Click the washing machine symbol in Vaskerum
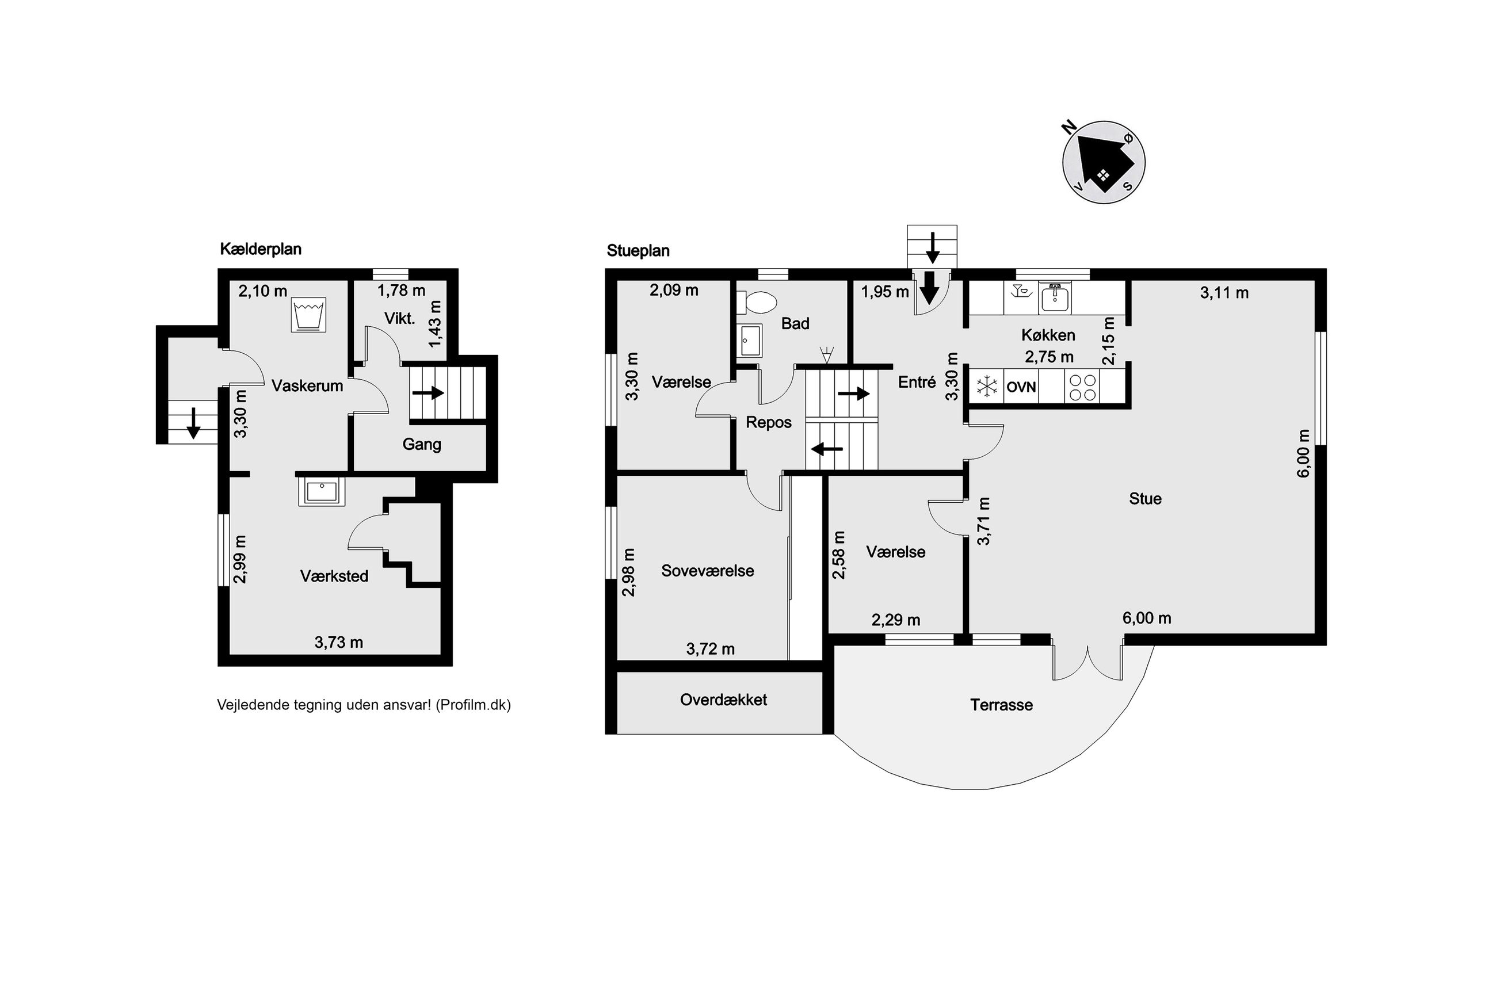[x=308, y=315]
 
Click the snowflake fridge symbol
[x=987, y=387]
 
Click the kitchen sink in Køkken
[x=1055, y=298]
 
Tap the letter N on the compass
[x=1070, y=128]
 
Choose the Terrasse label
[x=1001, y=705]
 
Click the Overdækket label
[x=723, y=700]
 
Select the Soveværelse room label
[x=708, y=570]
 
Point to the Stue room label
[x=1145, y=498]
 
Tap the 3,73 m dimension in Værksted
[x=338, y=642]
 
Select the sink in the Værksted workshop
[x=322, y=491]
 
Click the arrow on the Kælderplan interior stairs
[x=428, y=393]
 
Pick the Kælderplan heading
[x=261, y=249]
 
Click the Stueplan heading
[x=638, y=250]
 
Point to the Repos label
[x=769, y=422]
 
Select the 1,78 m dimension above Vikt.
[x=401, y=291]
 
